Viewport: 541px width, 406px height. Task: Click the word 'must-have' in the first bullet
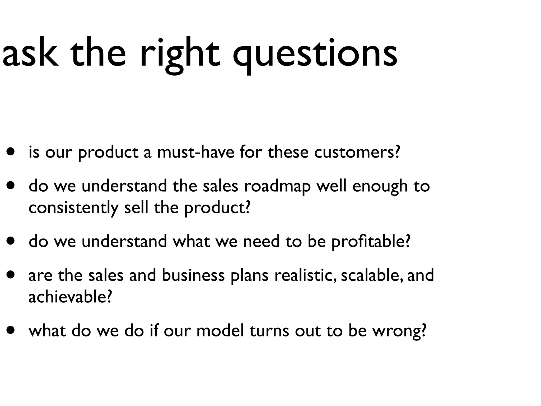click(195, 153)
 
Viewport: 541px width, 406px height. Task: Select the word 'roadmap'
click(277, 186)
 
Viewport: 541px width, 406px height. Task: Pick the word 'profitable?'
click(371, 242)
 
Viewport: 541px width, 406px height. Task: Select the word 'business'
click(193, 275)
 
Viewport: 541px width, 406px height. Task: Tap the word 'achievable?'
click(70, 297)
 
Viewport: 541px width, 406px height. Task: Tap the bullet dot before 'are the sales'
click(11, 275)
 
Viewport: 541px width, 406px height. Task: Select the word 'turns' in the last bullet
click(269, 331)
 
